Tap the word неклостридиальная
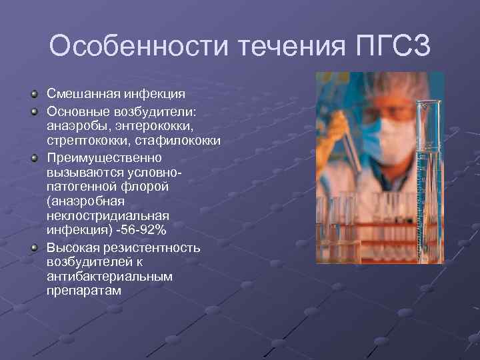coord(107,215)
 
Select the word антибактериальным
coord(109,276)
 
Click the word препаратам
coord(84,291)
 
